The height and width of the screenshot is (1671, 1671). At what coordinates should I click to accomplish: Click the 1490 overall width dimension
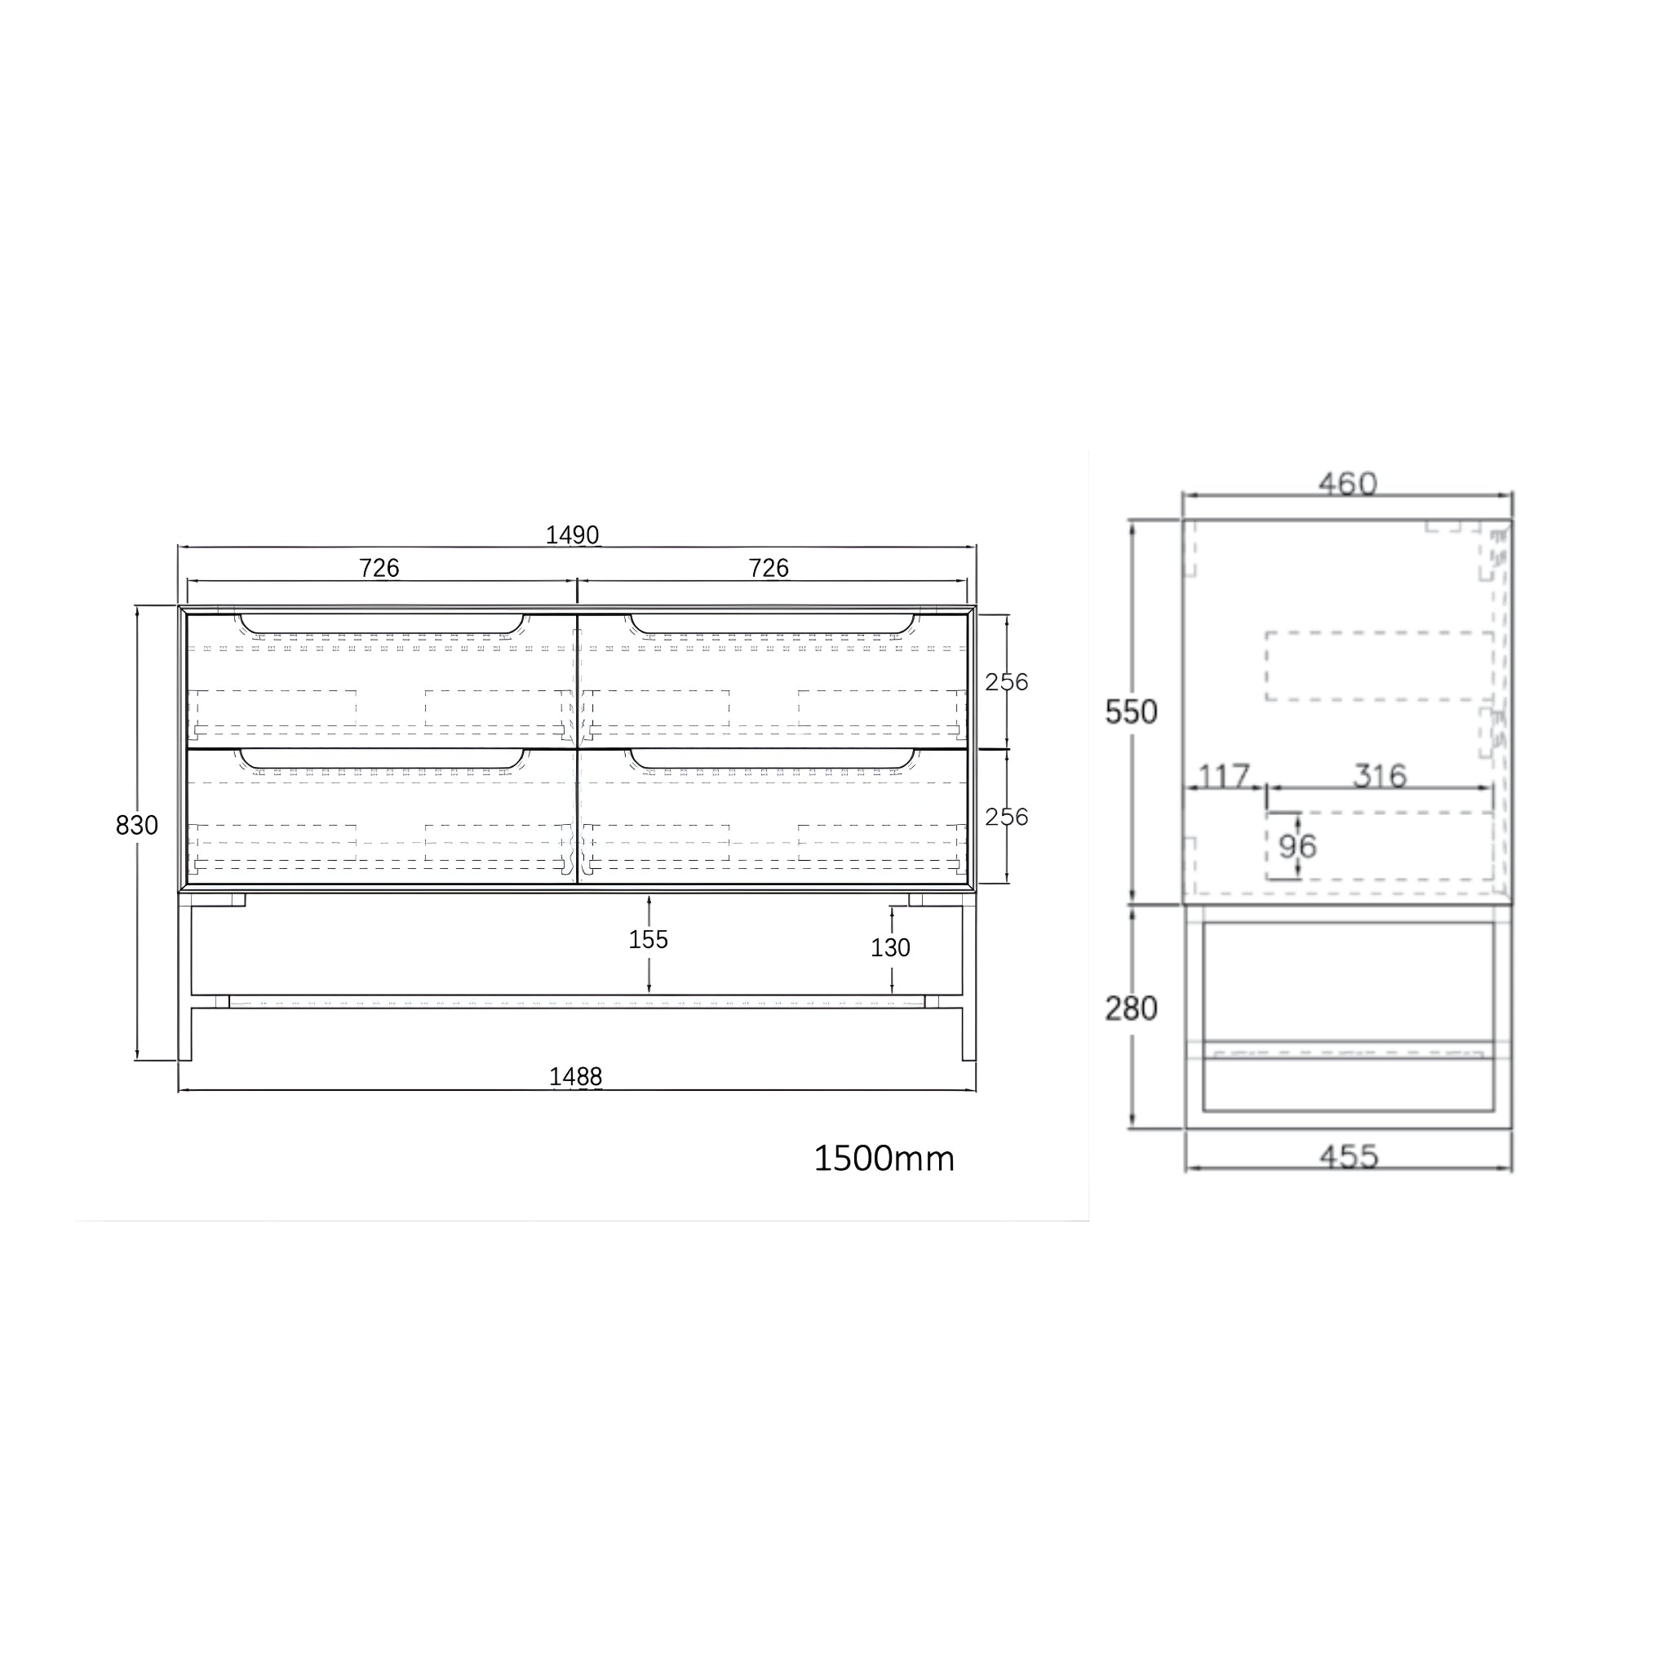[573, 535]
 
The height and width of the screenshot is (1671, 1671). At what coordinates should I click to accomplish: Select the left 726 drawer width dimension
[379, 568]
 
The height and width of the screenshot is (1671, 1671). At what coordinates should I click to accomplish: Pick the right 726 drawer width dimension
[768, 568]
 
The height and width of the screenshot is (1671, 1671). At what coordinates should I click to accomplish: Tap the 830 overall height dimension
[136, 826]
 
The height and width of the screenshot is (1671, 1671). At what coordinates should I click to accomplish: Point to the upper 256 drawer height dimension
[1007, 682]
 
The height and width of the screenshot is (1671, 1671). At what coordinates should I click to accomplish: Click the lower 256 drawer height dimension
[1007, 818]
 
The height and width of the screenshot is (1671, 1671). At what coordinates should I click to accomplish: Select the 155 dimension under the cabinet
[649, 940]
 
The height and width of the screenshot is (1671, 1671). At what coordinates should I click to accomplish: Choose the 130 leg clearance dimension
[890, 949]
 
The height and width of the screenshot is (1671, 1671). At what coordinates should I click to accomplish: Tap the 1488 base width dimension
[575, 1077]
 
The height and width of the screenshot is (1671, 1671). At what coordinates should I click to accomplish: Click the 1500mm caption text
[884, 1159]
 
